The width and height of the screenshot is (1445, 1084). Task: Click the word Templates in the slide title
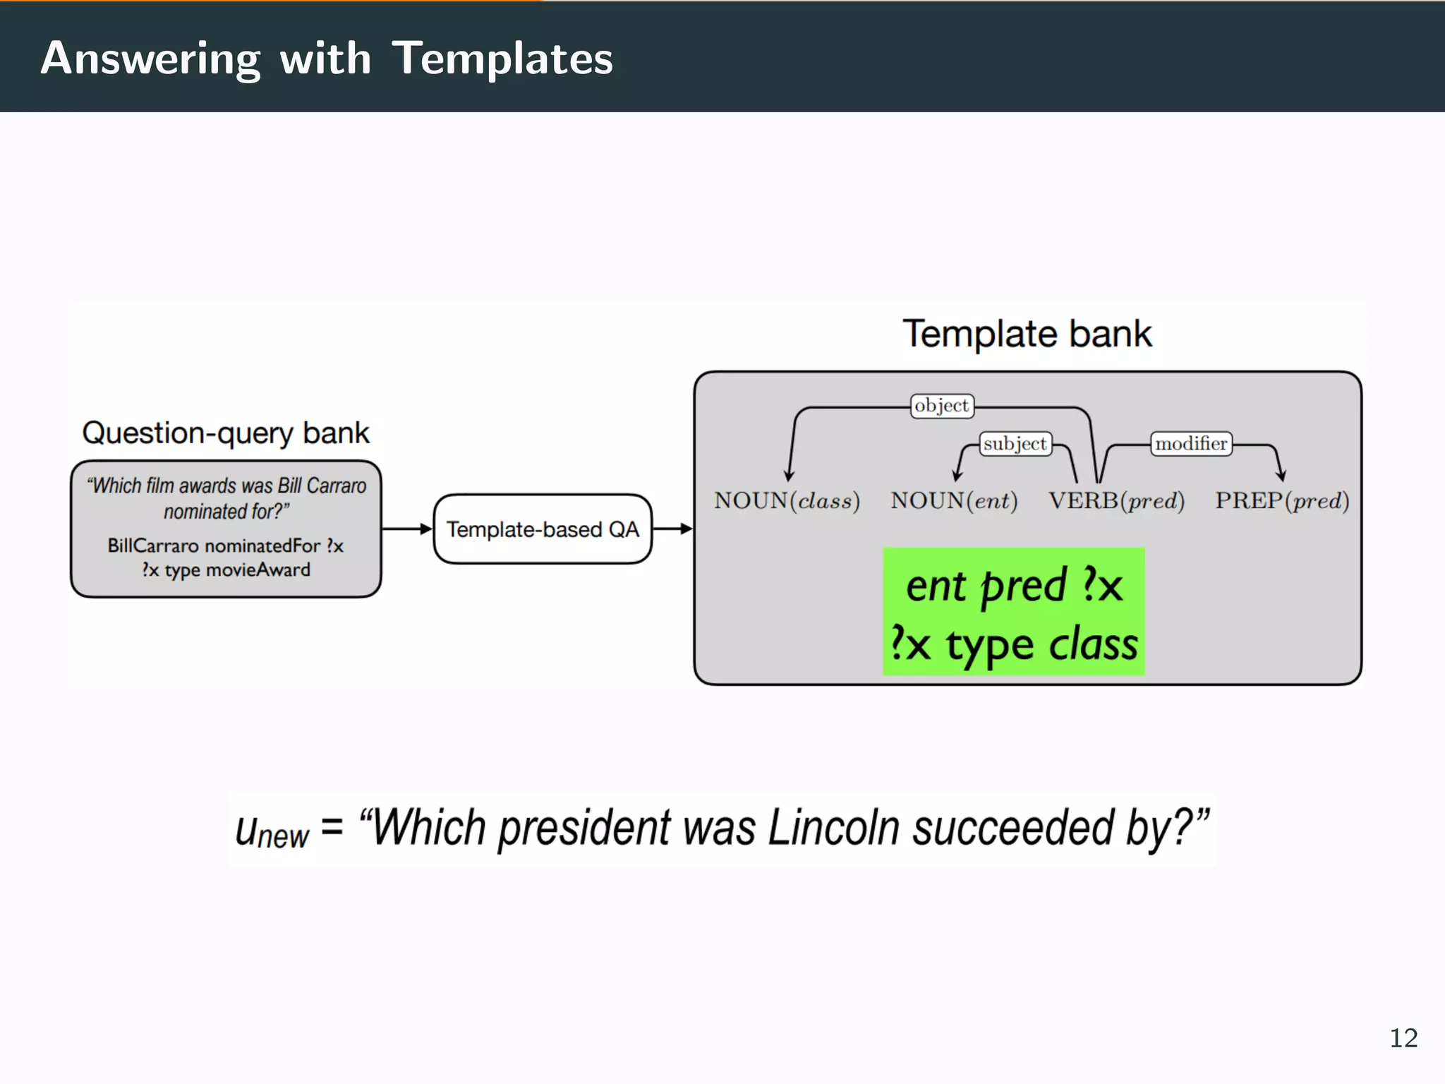pyautogui.click(x=502, y=58)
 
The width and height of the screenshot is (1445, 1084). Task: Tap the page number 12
pyautogui.click(x=1403, y=1038)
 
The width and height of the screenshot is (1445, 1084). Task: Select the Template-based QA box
pyautogui.click(x=542, y=529)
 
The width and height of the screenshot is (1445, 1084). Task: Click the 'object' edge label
pyautogui.click(x=941, y=406)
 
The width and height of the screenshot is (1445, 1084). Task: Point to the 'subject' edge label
pyautogui.click(x=1015, y=444)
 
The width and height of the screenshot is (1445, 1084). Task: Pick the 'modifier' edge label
pyautogui.click(x=1190, y=444)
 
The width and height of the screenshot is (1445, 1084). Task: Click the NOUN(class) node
pyautogui.click(x=786, y=501)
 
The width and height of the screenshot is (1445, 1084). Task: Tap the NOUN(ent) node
pyautogui.click(x=954, y=501)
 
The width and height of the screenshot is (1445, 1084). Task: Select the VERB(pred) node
pyautogui.click(x=1116, y=501)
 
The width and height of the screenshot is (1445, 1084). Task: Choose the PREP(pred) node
pyautogui.click(x=1281, y=501)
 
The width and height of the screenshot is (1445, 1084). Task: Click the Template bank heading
pyautogui.click(x=1027, y=334)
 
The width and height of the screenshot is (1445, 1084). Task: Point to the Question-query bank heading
pyautogui.click(x=225, y=433)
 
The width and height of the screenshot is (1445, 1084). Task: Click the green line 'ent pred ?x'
pyautogui.click(x=1013, y=586)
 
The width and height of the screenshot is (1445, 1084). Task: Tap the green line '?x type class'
pyautogui.click(x=1013, y=644)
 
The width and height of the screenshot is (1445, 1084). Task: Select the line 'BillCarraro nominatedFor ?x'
pyautogui.click(x=225, y=546)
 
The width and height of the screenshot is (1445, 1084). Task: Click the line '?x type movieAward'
pyautogui.click(x=225, y=570)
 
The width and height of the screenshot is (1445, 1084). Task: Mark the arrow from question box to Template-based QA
pyautogui.click(x=406, y=529)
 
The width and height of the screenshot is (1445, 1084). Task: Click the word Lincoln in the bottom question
pyautogui.click(x=833, y=827)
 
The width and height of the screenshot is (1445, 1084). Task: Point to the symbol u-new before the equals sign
pyautogui.click(x=271, y=831)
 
